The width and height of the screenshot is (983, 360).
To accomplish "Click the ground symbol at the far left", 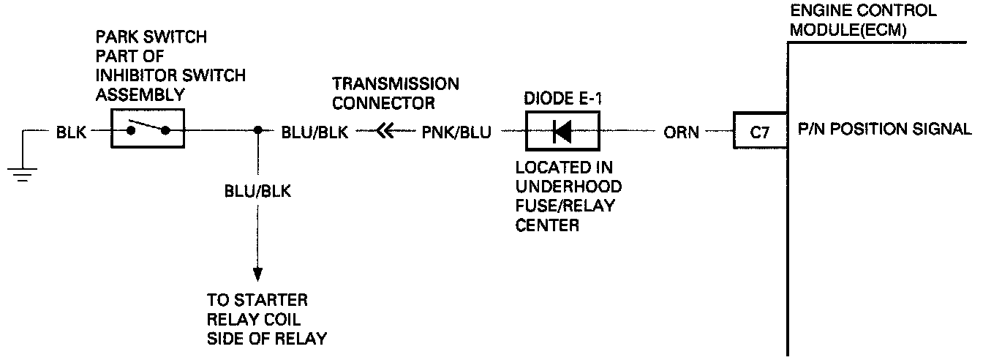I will coord(23,172).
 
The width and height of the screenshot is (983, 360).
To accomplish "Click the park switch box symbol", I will coord(147,130).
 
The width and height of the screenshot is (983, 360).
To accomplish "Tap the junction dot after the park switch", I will coord(257,132).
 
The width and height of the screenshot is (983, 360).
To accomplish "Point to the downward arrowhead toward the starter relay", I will coord(257,274).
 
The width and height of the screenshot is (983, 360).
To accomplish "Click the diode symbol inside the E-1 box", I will coord(562,132).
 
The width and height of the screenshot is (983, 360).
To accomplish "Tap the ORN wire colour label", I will coord(681,132).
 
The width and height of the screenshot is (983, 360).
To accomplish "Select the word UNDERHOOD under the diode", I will coord(569,187).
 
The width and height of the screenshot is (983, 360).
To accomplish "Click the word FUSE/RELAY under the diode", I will coord(565,206).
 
